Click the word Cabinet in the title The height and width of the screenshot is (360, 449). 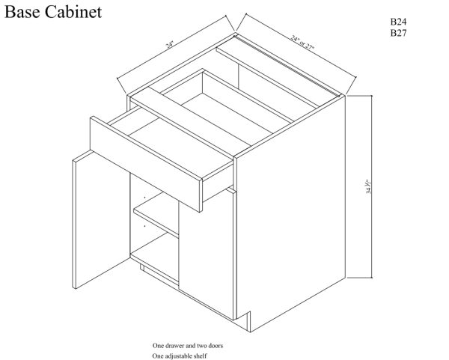tap(73, 12)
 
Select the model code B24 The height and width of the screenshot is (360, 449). tap(398, 22)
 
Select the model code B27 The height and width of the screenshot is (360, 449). tap(398, 33)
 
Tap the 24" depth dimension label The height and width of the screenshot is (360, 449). tap(170, 45)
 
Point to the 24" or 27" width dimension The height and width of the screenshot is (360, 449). tap(302, 42)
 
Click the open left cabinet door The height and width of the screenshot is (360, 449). tap(100, 219)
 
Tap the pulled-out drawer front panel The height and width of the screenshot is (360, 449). tap(146, 164)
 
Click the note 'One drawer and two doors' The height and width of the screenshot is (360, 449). tap(188, 346)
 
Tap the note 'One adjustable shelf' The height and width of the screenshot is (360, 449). tap(180, 356)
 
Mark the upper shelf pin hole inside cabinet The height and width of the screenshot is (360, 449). tap(144, 198)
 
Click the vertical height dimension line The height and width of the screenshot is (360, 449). tap(372, 186)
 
